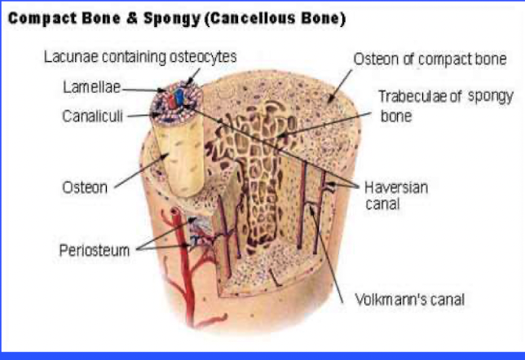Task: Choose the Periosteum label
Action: coord(95,250)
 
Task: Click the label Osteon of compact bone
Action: coord(430,59)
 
